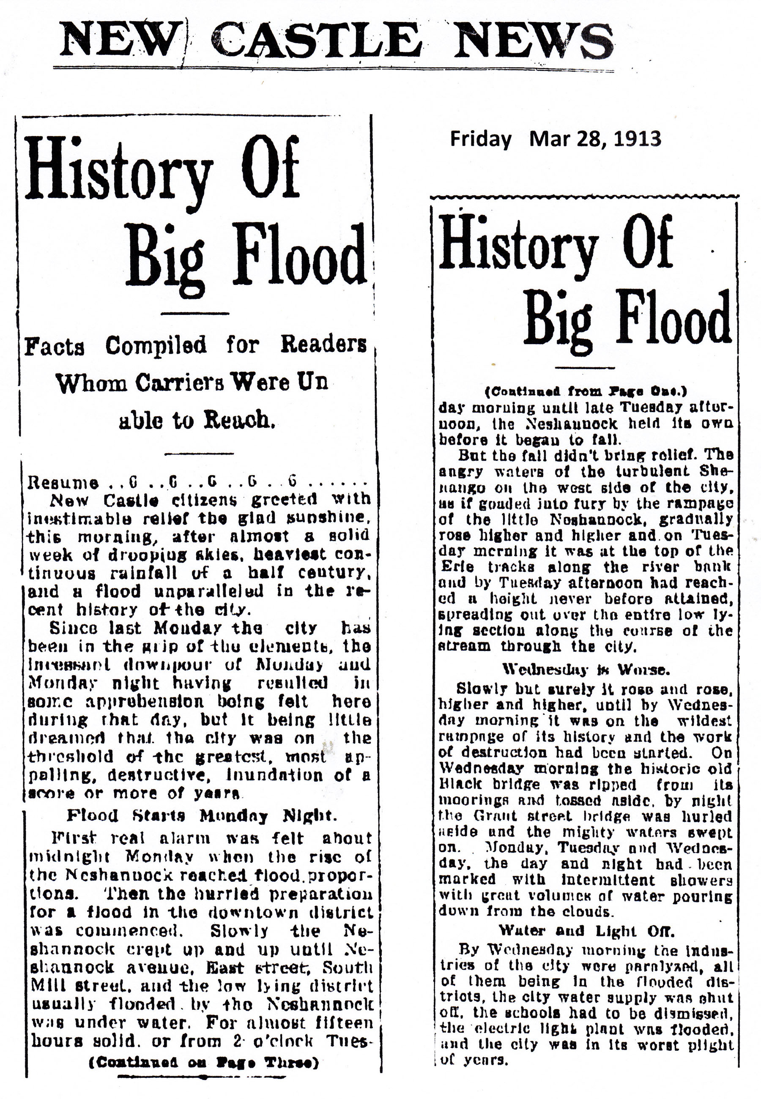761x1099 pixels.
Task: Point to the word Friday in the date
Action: (481, 139)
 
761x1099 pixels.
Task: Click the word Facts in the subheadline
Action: (55, 347)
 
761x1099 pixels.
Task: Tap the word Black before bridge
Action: (460, 784)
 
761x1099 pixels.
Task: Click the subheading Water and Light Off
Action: (585, 930)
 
